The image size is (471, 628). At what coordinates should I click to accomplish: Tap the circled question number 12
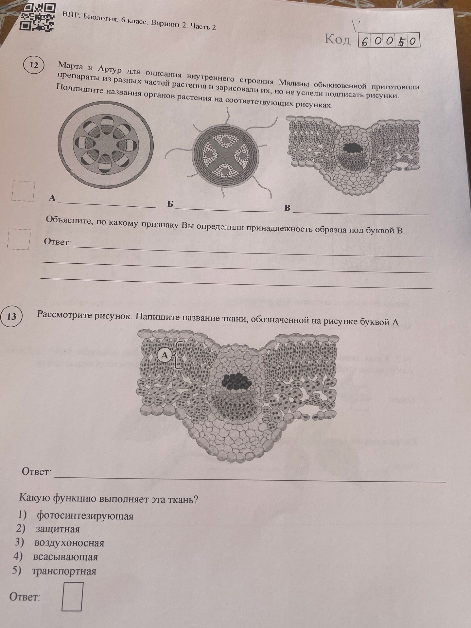34,65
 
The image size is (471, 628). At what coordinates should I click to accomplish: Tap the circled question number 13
11,316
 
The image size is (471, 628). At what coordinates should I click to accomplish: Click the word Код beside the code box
337,39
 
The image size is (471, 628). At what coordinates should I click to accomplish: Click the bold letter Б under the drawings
170,204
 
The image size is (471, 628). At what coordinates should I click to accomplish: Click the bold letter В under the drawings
287,208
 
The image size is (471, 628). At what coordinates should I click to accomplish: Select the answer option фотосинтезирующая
85,516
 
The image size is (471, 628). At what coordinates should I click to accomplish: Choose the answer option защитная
58,529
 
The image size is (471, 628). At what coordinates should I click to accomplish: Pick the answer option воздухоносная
69,543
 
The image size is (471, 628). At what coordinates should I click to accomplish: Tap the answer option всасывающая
65,557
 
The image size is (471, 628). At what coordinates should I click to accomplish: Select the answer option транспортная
64,571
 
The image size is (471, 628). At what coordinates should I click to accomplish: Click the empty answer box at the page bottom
72,596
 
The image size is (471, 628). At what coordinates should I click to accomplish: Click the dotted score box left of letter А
23,191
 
